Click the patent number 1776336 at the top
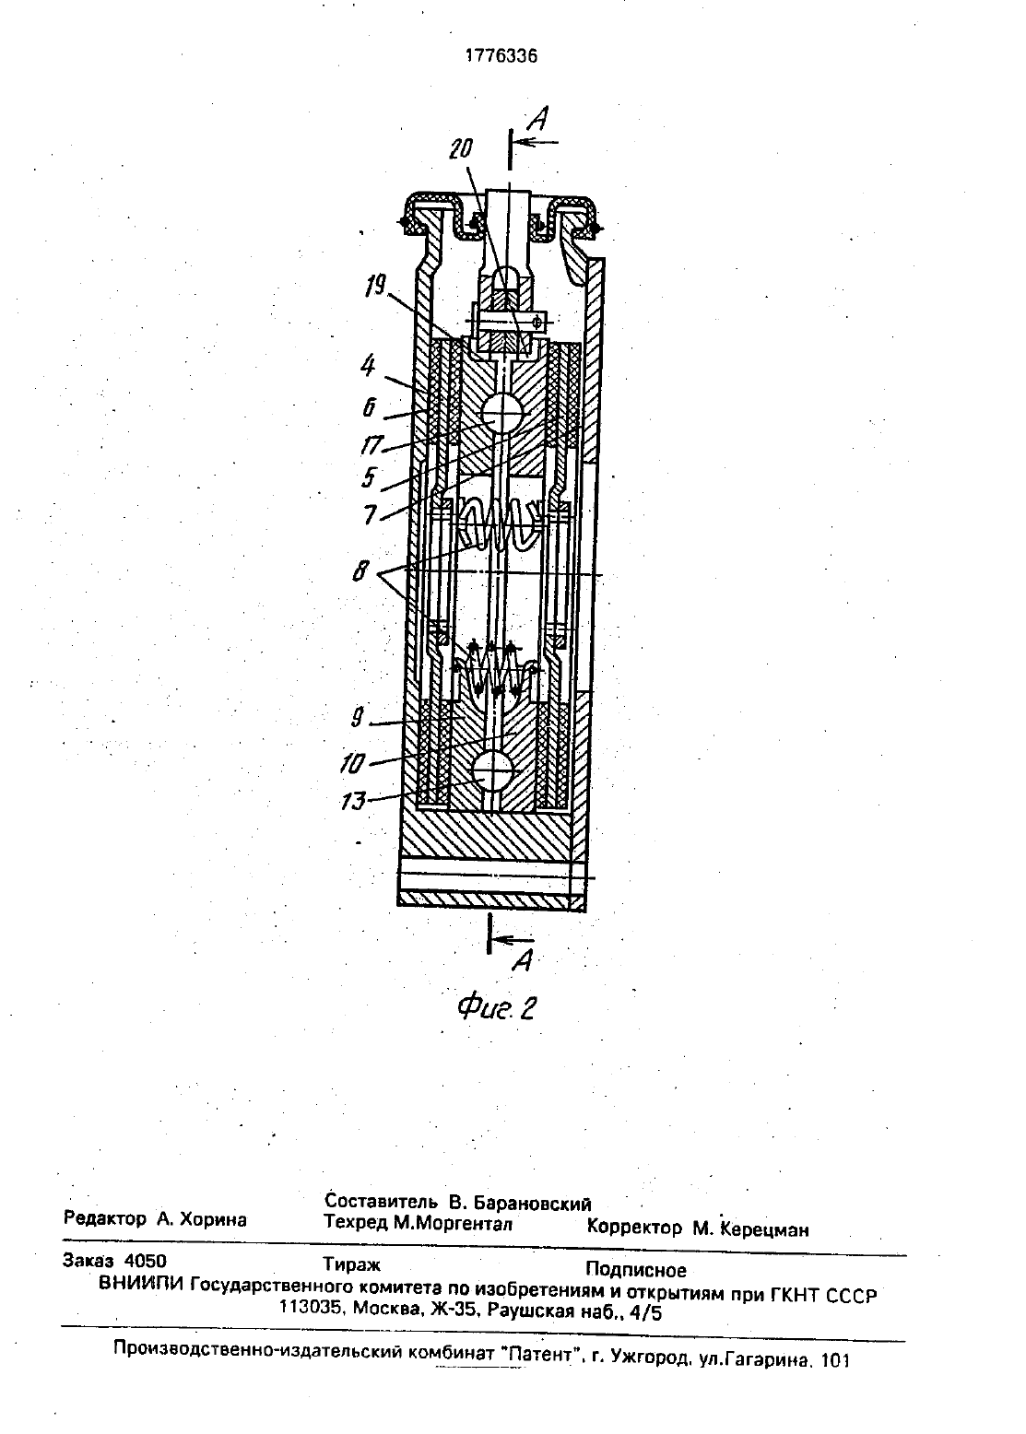[501, 56]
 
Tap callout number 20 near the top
[461, 149]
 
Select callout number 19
[375, 287]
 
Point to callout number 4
[368, 366]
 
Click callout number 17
[371, 445]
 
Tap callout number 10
[353, 763]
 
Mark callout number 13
[353, 801]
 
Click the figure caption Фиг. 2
[496, 1009]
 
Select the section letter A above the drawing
[539, 119]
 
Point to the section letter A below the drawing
[524, 959]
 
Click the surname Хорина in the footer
[213, 1219]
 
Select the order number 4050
[146, 1261]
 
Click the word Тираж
[351, 1265]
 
